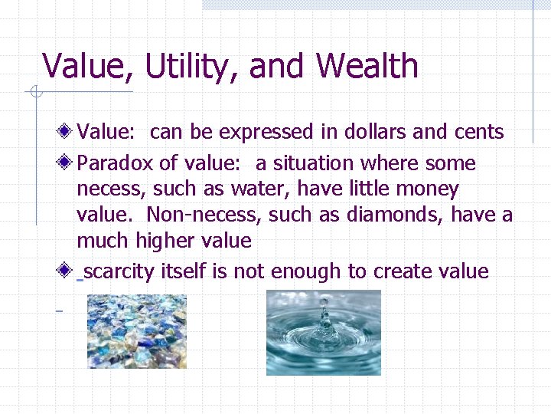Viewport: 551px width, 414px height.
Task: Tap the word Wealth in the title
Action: coord(367,66)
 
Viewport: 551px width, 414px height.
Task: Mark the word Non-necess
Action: coord(204,215)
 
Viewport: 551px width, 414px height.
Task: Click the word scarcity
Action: coord(119,271)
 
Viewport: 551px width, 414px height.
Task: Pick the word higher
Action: coord(165,242)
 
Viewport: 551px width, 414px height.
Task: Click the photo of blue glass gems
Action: coord(136,332)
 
